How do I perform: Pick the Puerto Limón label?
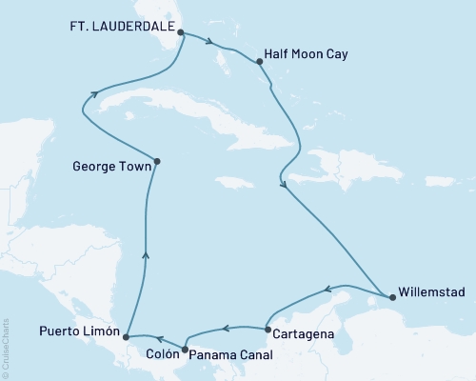80,333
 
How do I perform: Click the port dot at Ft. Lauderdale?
181,31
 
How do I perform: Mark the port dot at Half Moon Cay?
260,62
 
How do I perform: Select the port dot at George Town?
157,161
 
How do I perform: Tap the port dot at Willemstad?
392,296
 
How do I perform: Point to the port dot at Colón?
185,351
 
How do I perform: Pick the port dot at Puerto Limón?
126,336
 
